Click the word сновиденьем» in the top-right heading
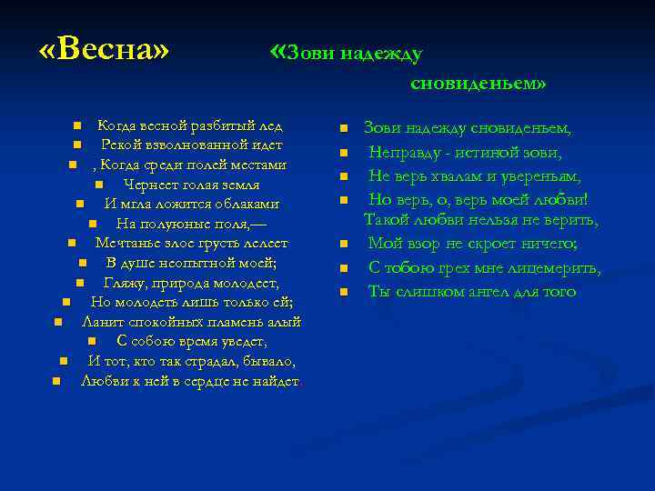tap(479, 84)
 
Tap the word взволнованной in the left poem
tap(196, 145)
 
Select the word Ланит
tap(101, 322)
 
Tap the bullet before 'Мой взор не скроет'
tap(345, 245)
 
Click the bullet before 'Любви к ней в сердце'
tap(56, 381)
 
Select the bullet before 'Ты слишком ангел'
tap(345, 292)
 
